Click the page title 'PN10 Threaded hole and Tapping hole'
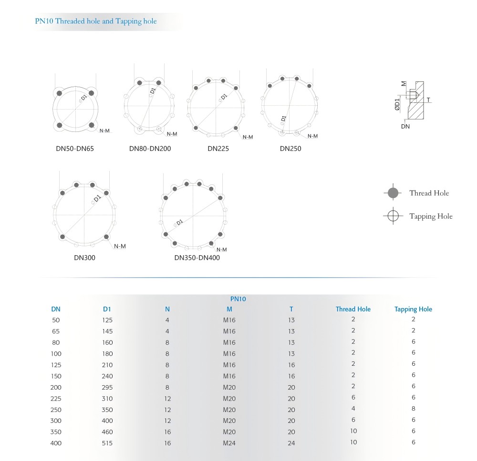(96, 21)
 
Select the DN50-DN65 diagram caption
(75, 149)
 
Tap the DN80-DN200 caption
(150, 149)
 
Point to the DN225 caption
(218, 149)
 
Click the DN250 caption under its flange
(290, 149)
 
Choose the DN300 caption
(84, 258)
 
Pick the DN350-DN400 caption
(197, 258)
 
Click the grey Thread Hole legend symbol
(393, 193)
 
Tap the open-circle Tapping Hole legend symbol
(393, 216)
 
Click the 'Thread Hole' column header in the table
(353, 309)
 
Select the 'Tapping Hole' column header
(413, 309)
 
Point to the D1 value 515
(107, 443)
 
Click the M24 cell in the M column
(229, 443)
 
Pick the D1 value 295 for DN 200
(107, 387)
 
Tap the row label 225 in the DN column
(56, 399)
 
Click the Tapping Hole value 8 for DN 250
(414, 409)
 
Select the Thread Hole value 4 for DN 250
(353, 409)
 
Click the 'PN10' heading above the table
(238, 299)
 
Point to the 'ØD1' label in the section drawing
(397, 104)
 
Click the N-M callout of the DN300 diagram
(120, 246)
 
